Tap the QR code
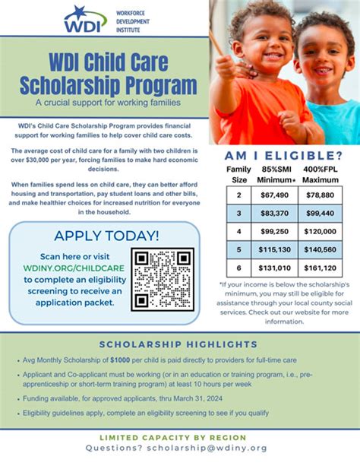click(163, 277)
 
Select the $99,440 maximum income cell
click(320, 214)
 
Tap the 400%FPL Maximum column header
click(321, 174)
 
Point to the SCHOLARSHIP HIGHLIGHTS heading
click(181, 344)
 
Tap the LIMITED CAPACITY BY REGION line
click(180, 437)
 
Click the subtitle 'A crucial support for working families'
click(106, 102)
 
